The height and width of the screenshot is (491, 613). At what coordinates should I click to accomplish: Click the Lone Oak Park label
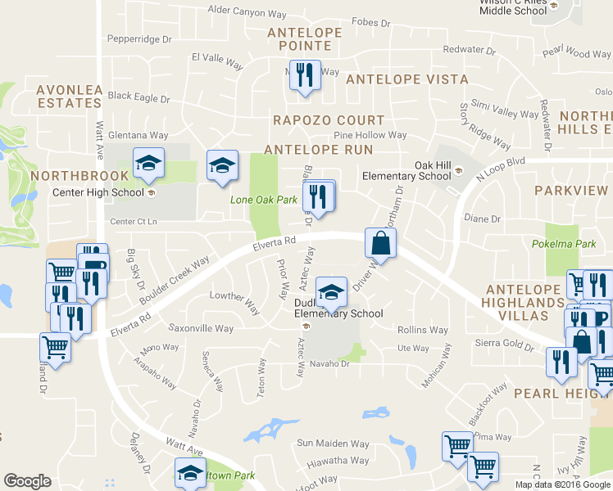pyautogui.click(x=263, y=200)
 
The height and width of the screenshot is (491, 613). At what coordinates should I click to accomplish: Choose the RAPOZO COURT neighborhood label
pyautogui.click(x=317, y=120)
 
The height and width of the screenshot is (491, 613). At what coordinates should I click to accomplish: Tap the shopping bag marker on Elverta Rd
pyautogui.click(x=380, y=243)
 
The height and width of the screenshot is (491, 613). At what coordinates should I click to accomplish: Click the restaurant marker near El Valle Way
pyautogui.click(x=305, y=75)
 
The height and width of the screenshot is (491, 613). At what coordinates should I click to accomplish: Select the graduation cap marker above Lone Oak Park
pyautogui.click(x=221, y=166)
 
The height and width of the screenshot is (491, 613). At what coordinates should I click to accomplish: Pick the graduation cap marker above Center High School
pyautogui.click(x=148, y=162)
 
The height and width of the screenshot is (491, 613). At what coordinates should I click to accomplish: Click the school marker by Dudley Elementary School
pyautogui.click(x=331, y=292)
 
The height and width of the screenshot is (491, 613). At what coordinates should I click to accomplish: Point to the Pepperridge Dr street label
pyautogui.click(x=139, y=38)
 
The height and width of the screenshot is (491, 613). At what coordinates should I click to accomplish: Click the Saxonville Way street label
pyautogui.click(x=200, y=329)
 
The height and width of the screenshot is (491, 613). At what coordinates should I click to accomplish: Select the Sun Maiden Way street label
pyautogui.click(x=333, y=444)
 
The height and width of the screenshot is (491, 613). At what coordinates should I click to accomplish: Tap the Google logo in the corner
pyautogui.click(x=28, y=481)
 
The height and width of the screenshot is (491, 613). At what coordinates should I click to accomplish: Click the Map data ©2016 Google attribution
pyautogui.click(x=564, y=484)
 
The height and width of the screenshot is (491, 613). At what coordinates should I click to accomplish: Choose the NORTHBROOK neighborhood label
pyautogui.click(x=68, y=176)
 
